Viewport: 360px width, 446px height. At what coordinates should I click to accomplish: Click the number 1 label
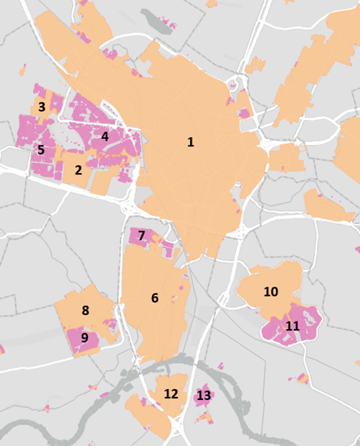pyautogui.click(x=191, y=143)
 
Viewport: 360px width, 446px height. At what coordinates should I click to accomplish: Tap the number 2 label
pyautogui.click(x=78, y=171)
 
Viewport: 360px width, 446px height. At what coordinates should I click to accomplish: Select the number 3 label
pyautogui.click(x=42, y=107)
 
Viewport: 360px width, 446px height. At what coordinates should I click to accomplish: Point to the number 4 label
pyautogui.click(x=104, y=135)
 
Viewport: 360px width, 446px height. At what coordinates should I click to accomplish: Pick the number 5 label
pyautogui.click(x=41, y=150)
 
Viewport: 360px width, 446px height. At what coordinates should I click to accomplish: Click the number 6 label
pyautogui.click(x=155, y=298)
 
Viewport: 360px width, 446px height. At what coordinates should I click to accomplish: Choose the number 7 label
pyautogui.click(x=142, y=236)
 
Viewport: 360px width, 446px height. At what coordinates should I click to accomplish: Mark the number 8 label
pyautogui.click(x=85, y=311)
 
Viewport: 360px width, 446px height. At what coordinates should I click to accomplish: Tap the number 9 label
pyautogui.click(x=84, y=337)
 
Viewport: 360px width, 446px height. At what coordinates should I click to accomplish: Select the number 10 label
pyautogui.click(x=271, y=292)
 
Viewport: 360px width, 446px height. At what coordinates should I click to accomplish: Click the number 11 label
pyautogui.click(x=292, y=326)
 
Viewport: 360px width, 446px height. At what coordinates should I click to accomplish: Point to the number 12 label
pyautogui.click(x=171, y=394)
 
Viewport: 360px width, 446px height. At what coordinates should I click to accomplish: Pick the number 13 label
pyautogui.click(x=204, y=396)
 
